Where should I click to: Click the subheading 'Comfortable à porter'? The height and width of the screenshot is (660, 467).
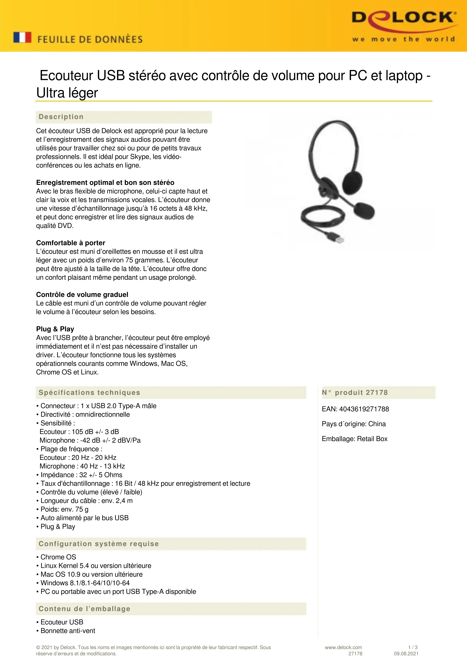click(71, 243)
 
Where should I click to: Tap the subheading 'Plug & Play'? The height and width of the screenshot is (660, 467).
click(55, 329)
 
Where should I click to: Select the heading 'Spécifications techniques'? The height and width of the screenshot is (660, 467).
click(89, 393)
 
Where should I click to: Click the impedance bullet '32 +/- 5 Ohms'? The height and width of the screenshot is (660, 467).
click(101, 475)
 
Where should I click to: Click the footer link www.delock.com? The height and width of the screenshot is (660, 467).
click(343, 647)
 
